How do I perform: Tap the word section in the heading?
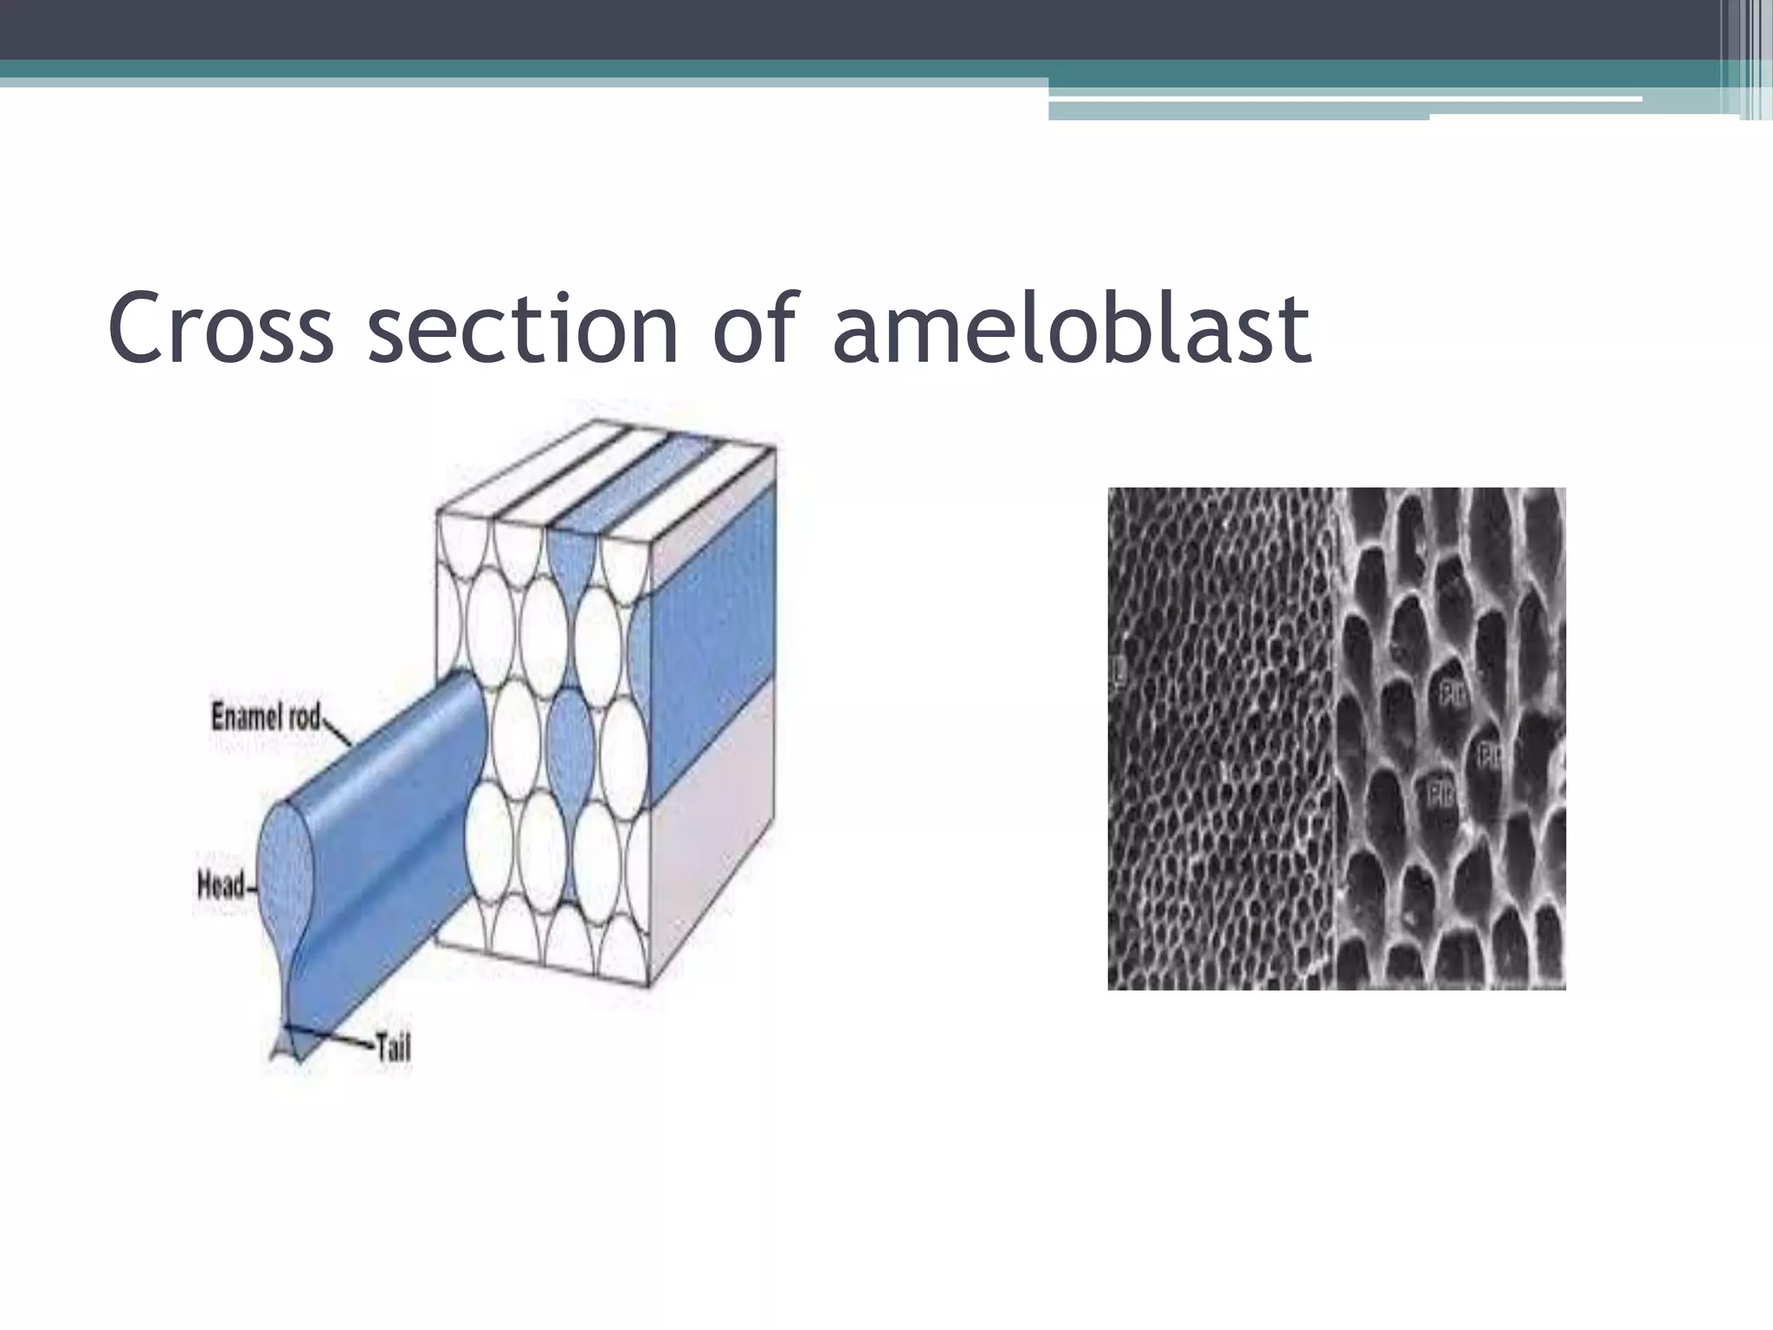pos(523,328)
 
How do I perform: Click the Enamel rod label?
pos(266,717)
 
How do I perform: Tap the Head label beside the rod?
pos(221,885)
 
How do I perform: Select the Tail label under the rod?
pos(391,1049)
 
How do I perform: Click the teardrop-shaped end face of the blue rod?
pos(285,875)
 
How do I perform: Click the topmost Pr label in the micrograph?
pos(1451,694)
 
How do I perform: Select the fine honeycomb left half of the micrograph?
pos(1216,736)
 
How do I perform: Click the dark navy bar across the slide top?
pos(866,29)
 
